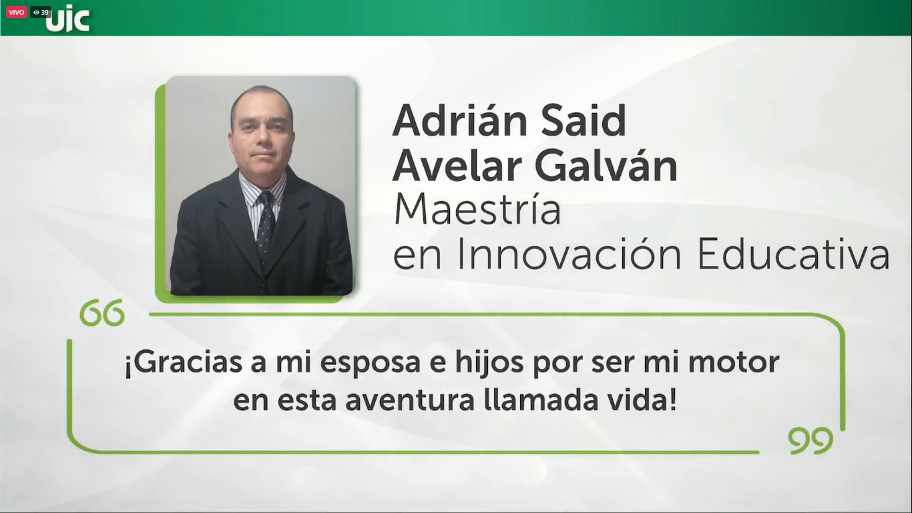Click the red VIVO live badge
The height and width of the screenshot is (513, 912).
click(16, 12)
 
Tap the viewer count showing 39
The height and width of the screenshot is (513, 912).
click(41, 12)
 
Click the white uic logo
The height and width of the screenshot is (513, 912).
click(67, 19)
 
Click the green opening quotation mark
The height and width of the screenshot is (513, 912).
click(102, 313)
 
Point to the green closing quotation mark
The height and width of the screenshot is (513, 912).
click(811, 441)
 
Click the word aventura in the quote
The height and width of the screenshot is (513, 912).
click(410, 401)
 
